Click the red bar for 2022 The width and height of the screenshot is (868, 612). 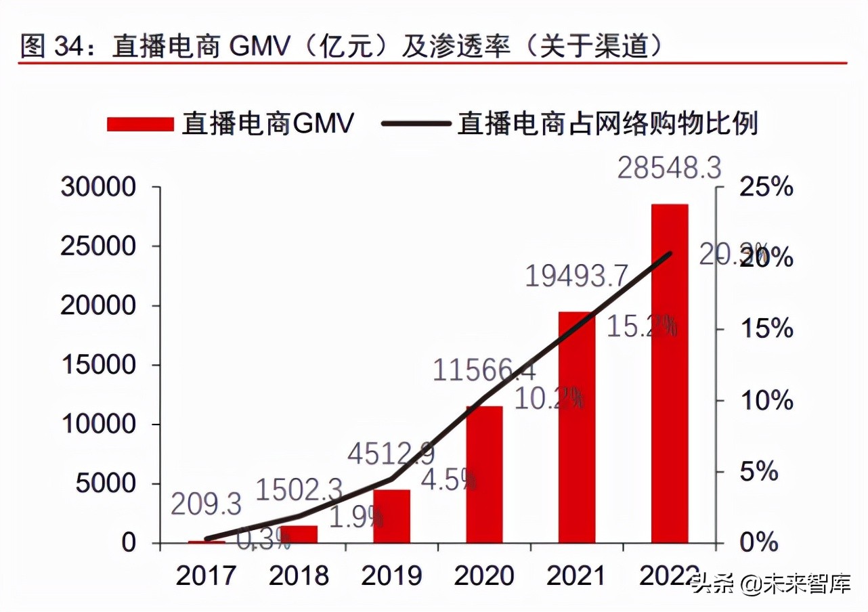click(670, 373)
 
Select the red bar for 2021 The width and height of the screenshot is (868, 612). click(577, 427)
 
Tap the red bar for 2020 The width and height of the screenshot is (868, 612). click(484, 474)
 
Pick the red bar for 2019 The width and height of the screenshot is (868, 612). click(391, 516)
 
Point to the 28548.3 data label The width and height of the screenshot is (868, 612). click(669, 168)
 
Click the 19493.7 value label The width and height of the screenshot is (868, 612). click(578, 276)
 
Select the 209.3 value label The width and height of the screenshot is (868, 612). click(206, 504)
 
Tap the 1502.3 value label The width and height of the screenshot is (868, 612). click(299, 489)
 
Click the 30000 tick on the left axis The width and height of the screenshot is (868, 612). click(98, 187)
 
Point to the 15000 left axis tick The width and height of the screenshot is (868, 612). click(98, 365)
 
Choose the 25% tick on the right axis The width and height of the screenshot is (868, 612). click(766, 187)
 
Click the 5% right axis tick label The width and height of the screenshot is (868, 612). click(758, 471)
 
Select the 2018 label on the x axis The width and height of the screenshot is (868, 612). click(299, 575)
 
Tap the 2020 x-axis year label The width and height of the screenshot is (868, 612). click(484, 575)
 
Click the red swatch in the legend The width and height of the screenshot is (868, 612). click(140, 124)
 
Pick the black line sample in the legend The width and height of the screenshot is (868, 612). click(416, 124)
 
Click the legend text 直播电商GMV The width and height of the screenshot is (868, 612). click(267, 124)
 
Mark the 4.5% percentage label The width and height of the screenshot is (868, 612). click(448, 480)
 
